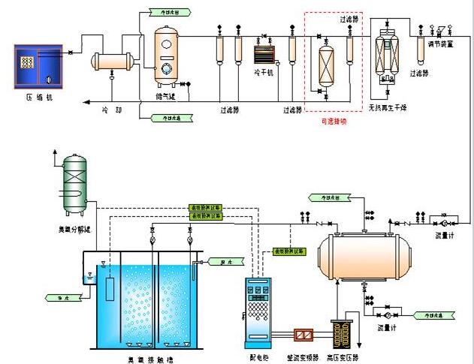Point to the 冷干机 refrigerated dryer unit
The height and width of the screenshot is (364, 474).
[263, 55]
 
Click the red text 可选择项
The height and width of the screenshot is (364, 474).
[333, 121]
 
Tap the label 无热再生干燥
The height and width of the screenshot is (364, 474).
[386, 110]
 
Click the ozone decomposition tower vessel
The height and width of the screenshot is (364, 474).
[74, 181]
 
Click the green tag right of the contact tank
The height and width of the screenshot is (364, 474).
[219, 262]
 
